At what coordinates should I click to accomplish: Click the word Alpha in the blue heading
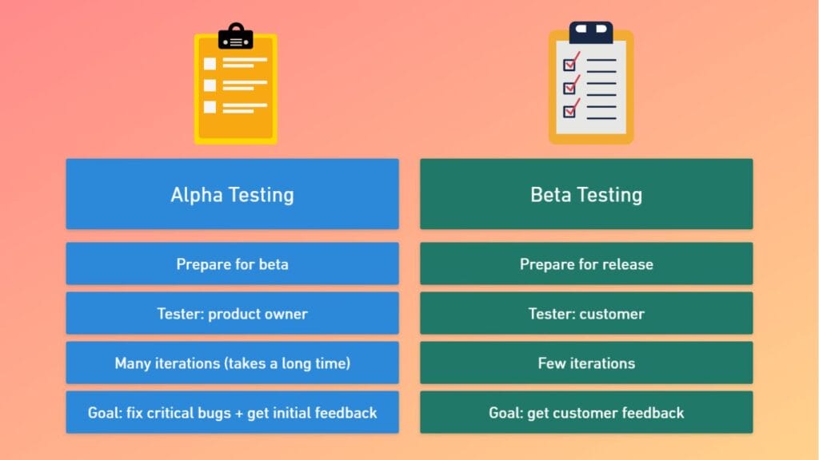(x=197, y=195)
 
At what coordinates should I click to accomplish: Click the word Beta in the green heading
(x=549, y=195)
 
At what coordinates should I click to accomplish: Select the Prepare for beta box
(x=233, y=264)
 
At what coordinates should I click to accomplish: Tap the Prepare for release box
(x=586, y=264)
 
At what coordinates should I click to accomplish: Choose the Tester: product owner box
(x=233, y=313)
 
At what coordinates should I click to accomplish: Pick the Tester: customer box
(x=586, y=313)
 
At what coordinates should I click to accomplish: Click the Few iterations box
(x=586, y=363)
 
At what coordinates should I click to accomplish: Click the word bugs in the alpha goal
(x=215, y=414)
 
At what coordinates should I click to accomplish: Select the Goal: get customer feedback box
(x=586, y=412)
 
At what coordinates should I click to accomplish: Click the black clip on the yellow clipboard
(x=236, y=37)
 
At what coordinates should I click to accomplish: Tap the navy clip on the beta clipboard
(x=591, y=32)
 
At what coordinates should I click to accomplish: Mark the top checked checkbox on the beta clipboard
(x=569, y=65)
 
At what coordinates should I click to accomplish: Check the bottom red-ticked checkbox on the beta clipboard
(x=569, y=111)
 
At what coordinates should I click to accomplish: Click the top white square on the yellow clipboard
(x=210, y=64)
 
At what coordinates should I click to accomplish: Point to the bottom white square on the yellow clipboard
(x=210, y=107)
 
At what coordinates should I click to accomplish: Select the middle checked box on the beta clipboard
(x=569, y=88)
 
